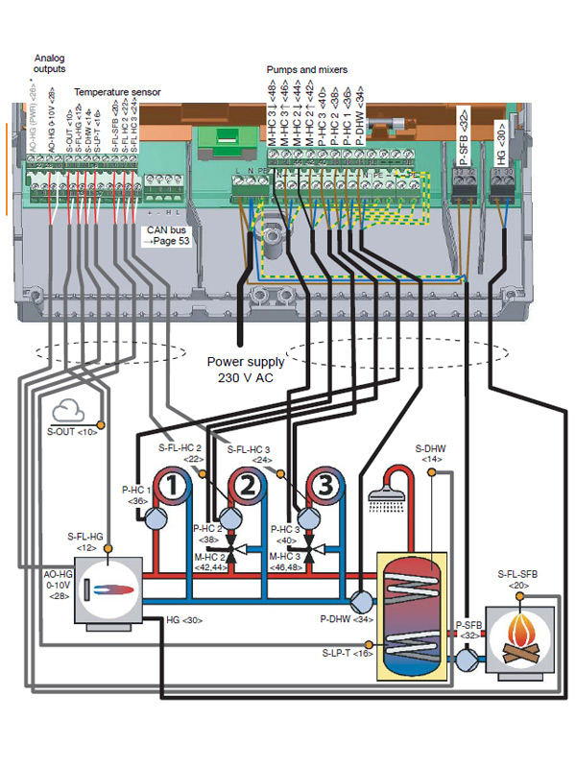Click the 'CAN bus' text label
click(x=166, y=230)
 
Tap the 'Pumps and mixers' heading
click(x=306, y=70)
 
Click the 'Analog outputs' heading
click(x=50, y=63)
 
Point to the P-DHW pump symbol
click(x=362, y=600)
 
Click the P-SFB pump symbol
click(x=467, y=660)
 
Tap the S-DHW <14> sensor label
click(x=429, y=454)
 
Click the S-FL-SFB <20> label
click(x=518, y=579)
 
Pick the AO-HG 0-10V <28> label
click(x=36, y=586)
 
